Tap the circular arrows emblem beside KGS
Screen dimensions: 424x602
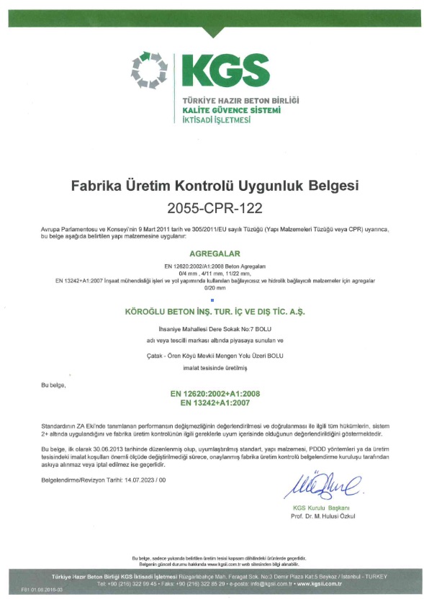tap(149, 71)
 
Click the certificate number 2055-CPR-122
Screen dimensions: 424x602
tap(212, 209)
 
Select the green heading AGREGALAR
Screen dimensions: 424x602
tap(212, 254)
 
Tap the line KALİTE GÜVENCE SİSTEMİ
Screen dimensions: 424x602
tap(231, 110)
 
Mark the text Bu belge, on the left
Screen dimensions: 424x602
tap(54, 386)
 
